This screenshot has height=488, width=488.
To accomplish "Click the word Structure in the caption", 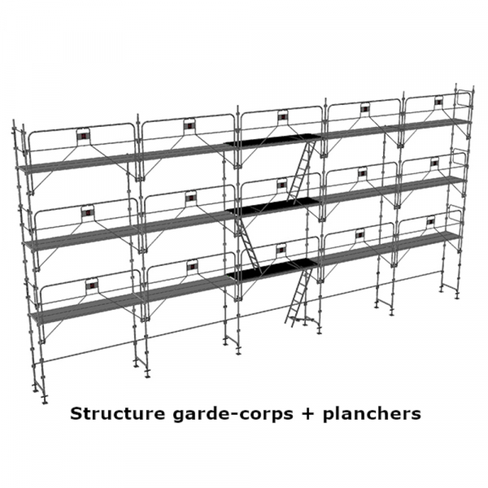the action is pos(118,414).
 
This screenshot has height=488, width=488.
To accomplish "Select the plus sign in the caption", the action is pos(307,414).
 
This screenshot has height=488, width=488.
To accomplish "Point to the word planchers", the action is pos(372,415).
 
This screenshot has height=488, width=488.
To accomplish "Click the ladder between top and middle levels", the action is pos(300,171).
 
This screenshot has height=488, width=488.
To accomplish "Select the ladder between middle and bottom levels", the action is pos(248,244).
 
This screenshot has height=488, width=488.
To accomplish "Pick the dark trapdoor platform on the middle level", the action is pos(274,207).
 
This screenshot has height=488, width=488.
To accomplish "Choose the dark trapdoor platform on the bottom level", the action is pos(274,269).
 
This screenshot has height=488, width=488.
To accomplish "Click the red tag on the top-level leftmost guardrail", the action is pos(84,137).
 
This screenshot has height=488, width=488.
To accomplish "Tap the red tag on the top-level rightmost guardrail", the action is pos(438,102).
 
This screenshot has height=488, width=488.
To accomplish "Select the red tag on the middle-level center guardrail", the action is pos(282,185).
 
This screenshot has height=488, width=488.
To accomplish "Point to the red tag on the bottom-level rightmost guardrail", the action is pos(430,221).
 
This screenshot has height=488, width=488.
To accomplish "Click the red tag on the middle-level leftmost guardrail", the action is pos(88,212).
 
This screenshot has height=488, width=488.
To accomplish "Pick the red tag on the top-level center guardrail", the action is pos(282,117).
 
